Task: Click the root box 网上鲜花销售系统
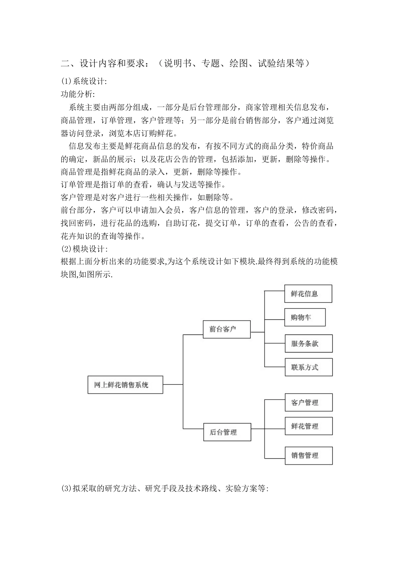(125, 384)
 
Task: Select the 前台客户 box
(227, 329)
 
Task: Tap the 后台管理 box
(227, 432)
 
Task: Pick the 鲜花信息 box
(308, 294)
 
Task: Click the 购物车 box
(305, 318)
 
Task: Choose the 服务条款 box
(309, 344)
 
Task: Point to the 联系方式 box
(309, 367)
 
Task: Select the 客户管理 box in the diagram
(309, 402)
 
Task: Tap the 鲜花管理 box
(309, 426)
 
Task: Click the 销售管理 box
(309, 456)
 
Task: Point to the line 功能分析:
(78, 94)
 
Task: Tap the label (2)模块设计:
(84, 249)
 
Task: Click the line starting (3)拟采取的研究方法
(164, 488)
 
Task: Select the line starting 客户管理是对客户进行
(147, 198)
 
